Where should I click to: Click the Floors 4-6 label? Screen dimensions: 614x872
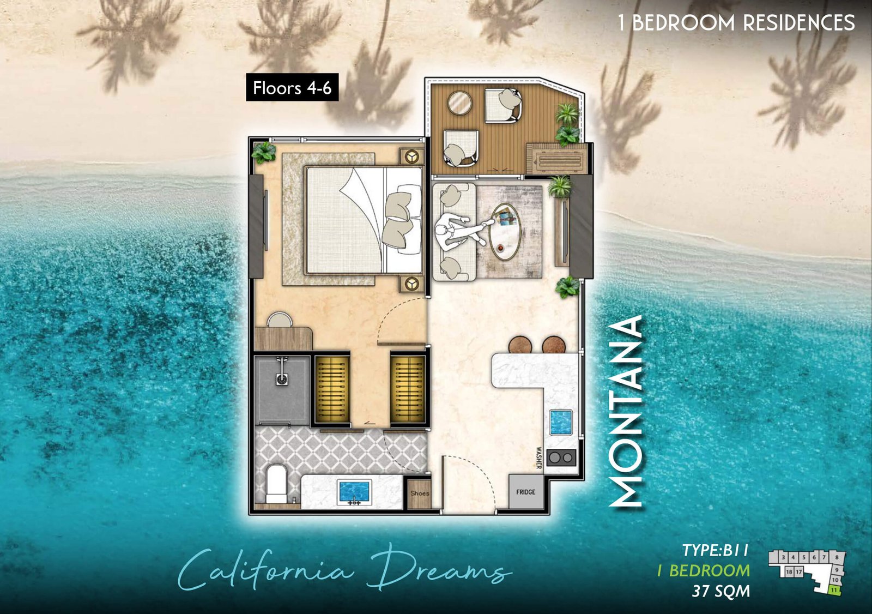point(292,87)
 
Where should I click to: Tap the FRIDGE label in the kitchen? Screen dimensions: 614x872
point(525,492)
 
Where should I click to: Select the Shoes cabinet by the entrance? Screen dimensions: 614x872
point(420,493)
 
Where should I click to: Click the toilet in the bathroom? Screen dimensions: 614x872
point(276,483)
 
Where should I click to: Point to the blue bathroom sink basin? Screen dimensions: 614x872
point(354,491)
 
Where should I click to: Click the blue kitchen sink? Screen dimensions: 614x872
point(560,422)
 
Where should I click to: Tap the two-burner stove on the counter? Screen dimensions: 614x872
point(561,458)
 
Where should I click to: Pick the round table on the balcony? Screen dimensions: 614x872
point(460,103)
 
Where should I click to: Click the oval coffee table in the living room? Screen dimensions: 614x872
point(504,232)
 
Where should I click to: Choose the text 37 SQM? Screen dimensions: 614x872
point(720,591)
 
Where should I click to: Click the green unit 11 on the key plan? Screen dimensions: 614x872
point(834,589)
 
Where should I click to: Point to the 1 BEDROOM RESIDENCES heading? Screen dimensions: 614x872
point(736,23)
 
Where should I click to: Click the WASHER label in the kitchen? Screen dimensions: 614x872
point(538,458)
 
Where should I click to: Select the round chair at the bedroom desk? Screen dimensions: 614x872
point(280,320)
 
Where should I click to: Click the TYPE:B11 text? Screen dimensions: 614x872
point(715,550)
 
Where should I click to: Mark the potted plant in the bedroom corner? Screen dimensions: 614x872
point(264,153)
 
